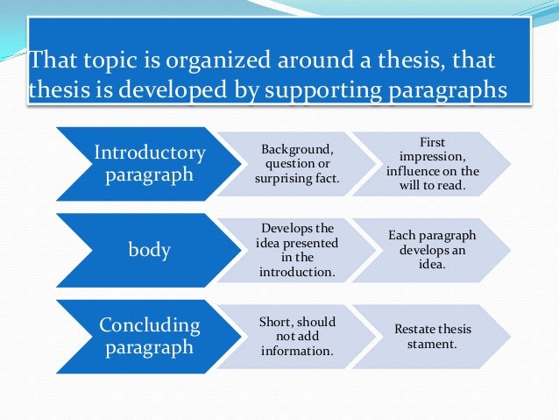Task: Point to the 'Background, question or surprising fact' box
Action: pos(297,164)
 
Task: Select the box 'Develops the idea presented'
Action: pos(297,250)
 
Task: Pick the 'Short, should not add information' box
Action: pos(297,336)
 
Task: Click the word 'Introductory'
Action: pos(150,153)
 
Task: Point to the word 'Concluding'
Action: pos(150,325)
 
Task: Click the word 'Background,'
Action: pos(297,152)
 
